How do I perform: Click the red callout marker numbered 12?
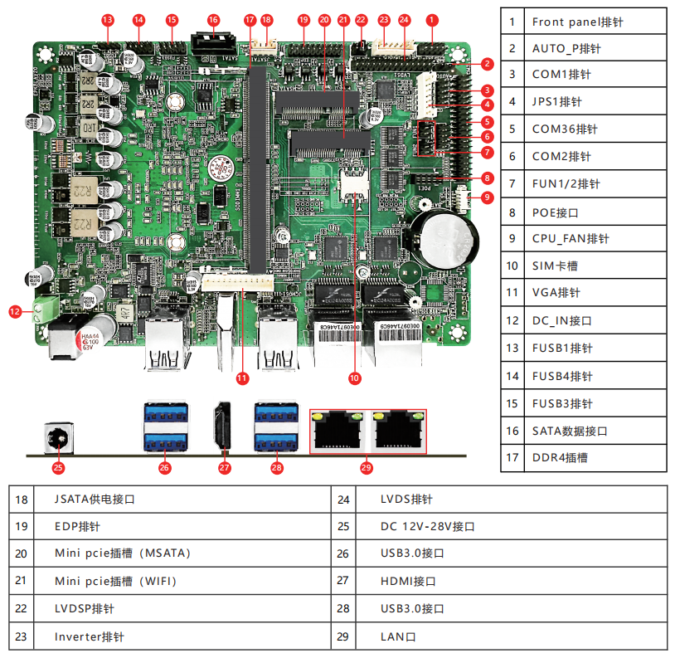click(14, 312)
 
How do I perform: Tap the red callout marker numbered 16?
click(213, 18)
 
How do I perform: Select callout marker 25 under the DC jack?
click(58, 467)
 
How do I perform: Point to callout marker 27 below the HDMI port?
click(223, 467)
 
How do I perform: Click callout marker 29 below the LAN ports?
click(367, 467)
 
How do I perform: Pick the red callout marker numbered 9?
click(488, 197)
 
